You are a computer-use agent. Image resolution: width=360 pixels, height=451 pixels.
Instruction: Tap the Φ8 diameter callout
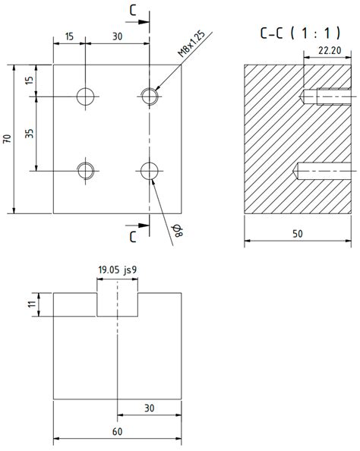178,231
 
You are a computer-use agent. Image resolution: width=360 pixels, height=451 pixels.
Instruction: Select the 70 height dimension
7,138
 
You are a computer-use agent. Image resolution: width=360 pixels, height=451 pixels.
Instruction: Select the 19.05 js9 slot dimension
118,270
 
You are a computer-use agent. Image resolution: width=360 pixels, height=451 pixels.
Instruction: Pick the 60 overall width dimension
117,431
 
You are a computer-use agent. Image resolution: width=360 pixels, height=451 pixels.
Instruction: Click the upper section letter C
133,10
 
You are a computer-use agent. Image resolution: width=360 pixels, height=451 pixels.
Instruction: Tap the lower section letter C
133,236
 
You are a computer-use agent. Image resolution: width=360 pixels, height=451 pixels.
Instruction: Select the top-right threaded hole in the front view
150,96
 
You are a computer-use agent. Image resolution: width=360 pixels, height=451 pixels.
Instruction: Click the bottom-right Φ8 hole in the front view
150,170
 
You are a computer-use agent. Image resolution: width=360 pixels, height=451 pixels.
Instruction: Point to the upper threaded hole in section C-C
327,96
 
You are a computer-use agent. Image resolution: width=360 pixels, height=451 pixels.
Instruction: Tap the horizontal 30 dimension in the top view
149,408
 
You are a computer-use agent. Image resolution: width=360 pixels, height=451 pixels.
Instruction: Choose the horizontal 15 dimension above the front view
69,36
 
